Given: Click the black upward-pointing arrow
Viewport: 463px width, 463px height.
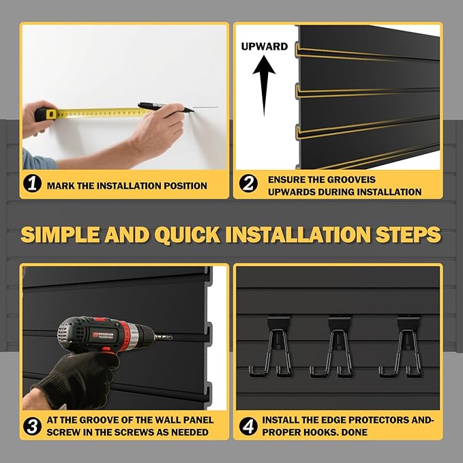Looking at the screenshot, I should [x=263, y=85].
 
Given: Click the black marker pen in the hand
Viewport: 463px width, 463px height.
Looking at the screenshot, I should [x=160, y=107].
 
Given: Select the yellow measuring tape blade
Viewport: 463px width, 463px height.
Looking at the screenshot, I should [x=95, y=112].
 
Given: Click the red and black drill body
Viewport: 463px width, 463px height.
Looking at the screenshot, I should [x=102, y=334].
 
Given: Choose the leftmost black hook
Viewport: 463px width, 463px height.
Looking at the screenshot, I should [x=271, y=346].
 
